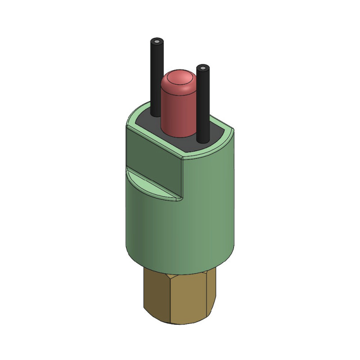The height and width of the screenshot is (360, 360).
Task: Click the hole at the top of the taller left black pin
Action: tap(156, 42)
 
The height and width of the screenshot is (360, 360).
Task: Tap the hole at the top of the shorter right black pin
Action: tap(203, 68)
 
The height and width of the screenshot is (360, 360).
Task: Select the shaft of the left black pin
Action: tap(156, 76)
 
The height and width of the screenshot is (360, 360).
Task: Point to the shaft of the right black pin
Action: tap(203, 103)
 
